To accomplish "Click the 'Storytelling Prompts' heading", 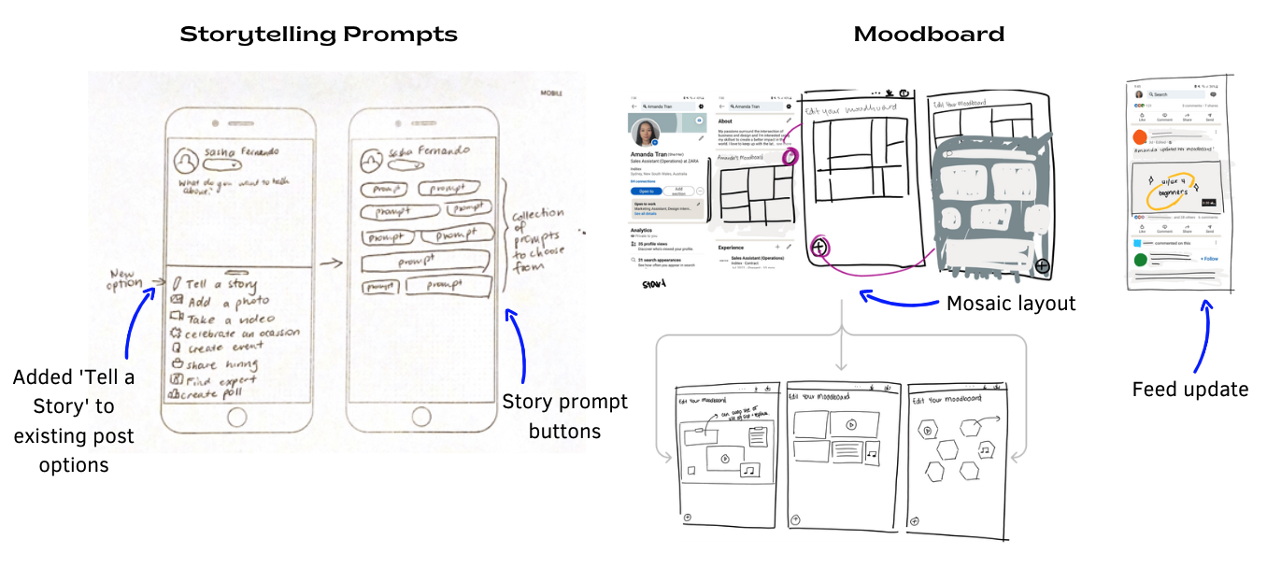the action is pos(319,35).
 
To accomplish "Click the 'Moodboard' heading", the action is pos(929,35).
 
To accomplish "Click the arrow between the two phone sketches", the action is pos(331,265).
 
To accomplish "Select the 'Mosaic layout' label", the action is pos(1011,304).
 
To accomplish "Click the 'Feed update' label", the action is pos(1190,390).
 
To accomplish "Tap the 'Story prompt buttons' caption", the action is pos(565,417).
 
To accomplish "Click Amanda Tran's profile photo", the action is pos(648,133).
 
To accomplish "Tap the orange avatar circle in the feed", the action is pos(1139,136).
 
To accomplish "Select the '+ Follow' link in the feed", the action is pos(1208,259).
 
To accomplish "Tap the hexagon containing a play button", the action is pos(929,431).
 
